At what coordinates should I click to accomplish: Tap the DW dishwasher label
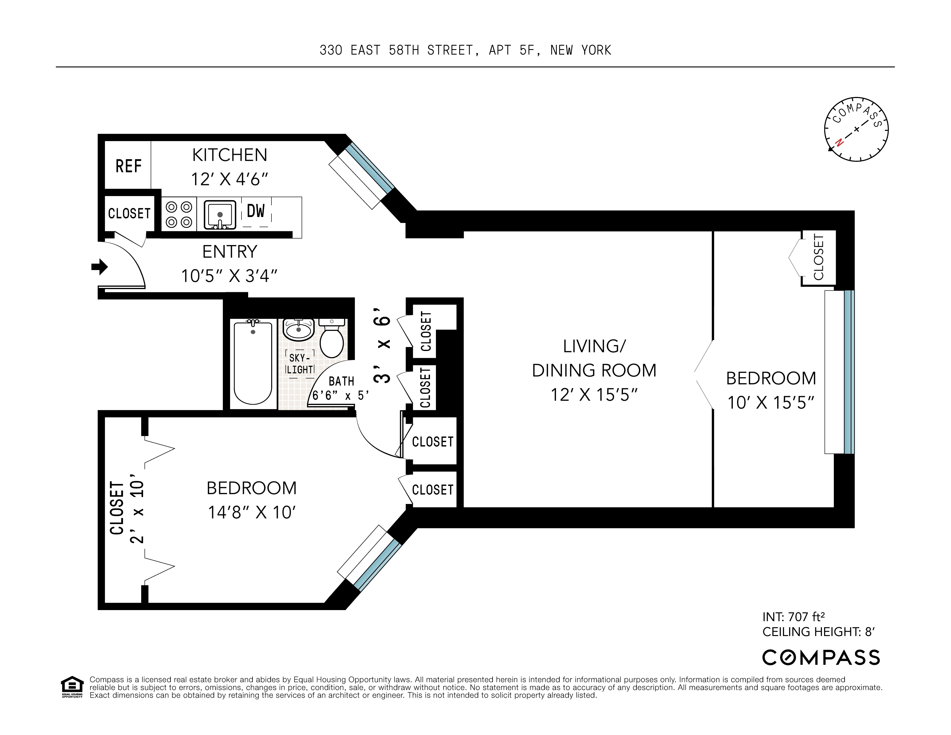256,212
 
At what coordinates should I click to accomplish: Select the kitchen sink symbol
220,214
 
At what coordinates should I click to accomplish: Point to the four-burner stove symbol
179,214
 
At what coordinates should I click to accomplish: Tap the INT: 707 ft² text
793,617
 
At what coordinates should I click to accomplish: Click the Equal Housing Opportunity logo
72,687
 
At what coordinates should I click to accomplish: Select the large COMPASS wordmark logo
821,657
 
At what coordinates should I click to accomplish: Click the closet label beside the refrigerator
129,214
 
